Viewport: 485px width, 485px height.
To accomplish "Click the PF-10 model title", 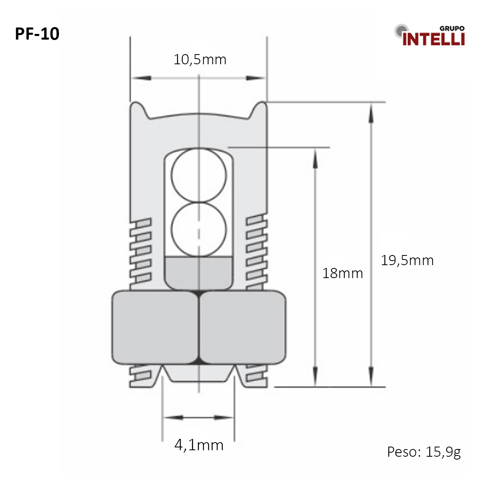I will click(37, 34).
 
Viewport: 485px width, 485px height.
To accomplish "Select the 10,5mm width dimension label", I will click(200, 60).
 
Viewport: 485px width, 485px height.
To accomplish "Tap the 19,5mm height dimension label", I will click(407, 261).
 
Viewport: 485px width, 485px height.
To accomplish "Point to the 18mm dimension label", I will click(342, 274).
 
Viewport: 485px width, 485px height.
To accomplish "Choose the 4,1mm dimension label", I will click(199, 445).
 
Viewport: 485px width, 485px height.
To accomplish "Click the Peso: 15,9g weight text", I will click(424, 452).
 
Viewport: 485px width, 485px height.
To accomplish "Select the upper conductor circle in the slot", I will click(199, 175).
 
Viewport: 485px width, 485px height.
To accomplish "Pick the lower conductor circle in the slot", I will click(199, 229).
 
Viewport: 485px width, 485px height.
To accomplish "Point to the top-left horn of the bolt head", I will click(137, 108).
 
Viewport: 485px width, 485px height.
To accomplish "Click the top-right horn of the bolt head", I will click(260, 108).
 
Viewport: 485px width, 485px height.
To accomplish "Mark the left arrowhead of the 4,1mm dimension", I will click(172, 417).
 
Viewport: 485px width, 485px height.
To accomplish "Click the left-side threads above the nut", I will click(140, 251).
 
